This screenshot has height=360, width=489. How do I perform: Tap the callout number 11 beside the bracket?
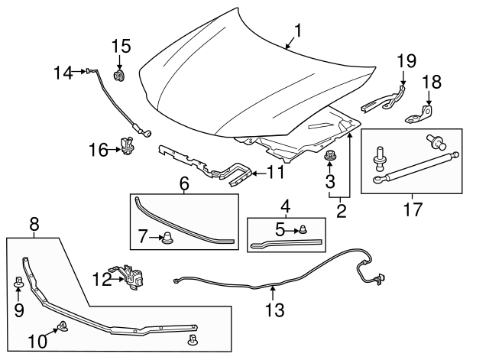(x=276, y=173)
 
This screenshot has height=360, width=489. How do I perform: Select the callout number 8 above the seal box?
(x=34, y=225)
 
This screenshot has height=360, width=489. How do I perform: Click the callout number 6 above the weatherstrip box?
(x=183, y=183)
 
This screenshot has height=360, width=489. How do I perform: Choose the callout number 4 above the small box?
(x=285, y=206)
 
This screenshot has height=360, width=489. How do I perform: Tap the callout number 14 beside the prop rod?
(x=63, y=73)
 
